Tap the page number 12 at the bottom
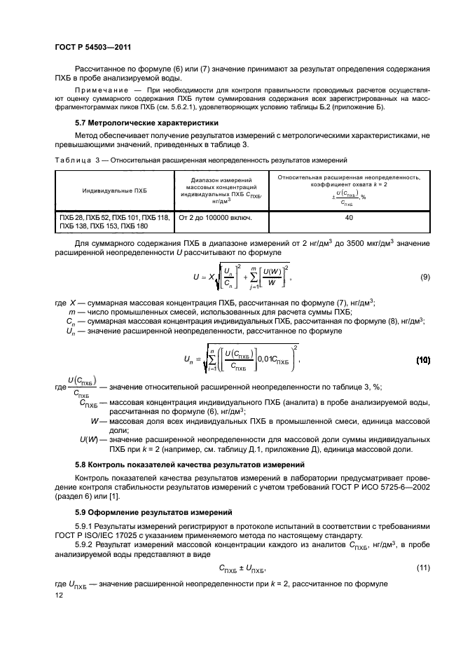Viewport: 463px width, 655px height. [x=58, y=594]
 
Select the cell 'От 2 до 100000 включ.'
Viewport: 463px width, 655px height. [x=216, y=218]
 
